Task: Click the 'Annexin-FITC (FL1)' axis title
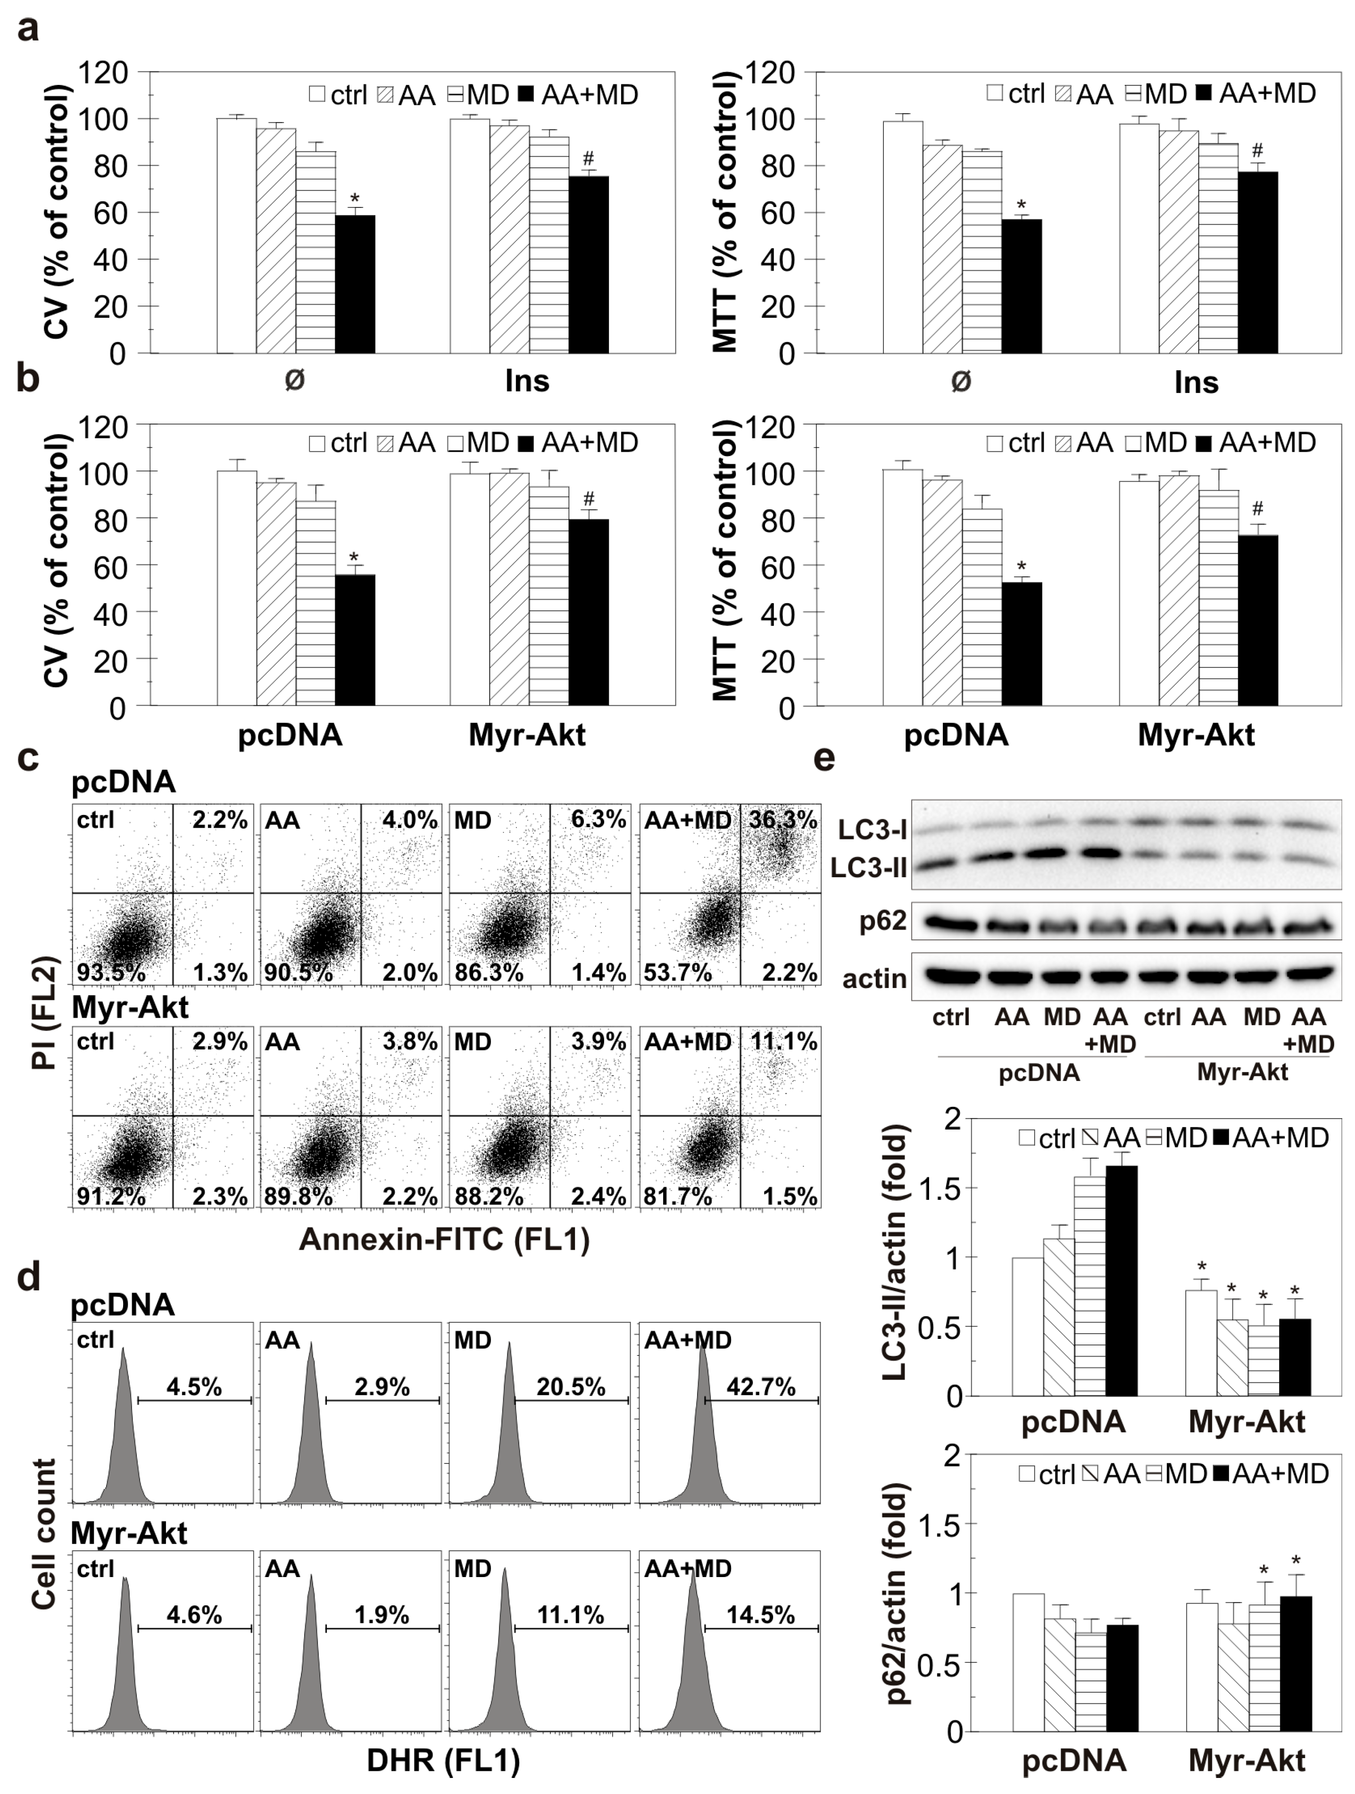(x=444, y=1238)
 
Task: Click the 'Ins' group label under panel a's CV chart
(x=527, y=381)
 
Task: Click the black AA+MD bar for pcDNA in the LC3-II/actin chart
(x=1122, y=1280)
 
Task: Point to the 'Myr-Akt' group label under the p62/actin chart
(x=1247, y=1760)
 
